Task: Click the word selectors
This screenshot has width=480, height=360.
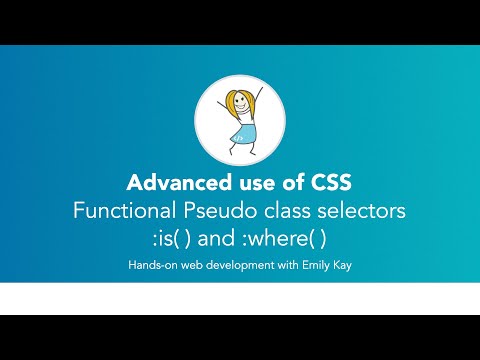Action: [361, 212]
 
